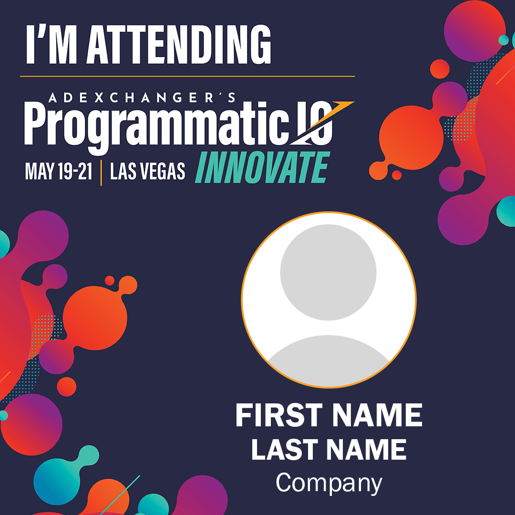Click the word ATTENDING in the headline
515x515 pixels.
click(179, 44)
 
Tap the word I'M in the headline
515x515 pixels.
click(51, 44)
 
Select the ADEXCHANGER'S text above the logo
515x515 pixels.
click(142, 98)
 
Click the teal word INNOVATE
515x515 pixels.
click(262, 167)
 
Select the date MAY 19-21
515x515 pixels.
click(59, 171)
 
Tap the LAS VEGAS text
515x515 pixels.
click(147, 171)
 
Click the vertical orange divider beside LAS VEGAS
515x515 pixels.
click(101, 173)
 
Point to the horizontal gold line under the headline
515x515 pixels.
click(187, 76)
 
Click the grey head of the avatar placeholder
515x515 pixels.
click(328, 272)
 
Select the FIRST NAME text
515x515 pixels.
click(329, 415)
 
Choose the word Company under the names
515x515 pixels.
click(329, 483)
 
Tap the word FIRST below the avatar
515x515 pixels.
click(279, 415)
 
